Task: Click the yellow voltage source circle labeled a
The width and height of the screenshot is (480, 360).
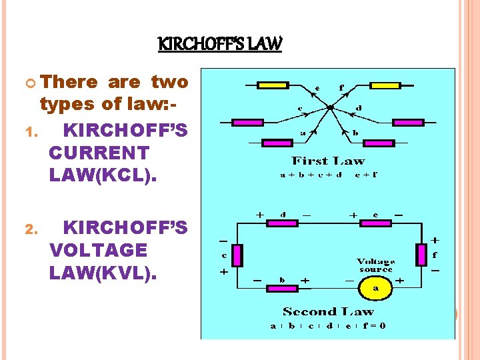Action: pos(375,288)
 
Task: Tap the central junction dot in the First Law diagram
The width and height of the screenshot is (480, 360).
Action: pos(330,107)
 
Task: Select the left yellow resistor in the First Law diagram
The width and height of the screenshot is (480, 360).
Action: pos(273,85)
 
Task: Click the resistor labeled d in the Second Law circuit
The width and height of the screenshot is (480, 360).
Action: pos(282,223)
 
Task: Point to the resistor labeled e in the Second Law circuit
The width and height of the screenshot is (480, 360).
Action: pos(375,223)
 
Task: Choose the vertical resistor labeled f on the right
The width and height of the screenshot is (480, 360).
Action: pos(421,254)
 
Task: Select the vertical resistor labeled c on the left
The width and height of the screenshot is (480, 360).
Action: pos(236,254)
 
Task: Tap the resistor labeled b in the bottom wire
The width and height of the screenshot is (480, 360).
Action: pos(282,288)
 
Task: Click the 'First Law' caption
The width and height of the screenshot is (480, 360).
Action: pos(328,161)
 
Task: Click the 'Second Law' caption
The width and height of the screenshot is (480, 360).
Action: pos(328,311)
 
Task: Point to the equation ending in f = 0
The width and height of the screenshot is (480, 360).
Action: pos(328,326)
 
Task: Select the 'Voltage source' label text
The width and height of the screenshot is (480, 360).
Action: pos(375,265)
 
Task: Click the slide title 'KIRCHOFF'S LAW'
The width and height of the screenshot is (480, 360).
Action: pos(220,45)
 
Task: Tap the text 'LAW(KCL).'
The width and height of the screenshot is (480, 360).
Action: pos(99,175)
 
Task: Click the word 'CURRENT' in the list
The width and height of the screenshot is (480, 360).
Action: pos(99,153)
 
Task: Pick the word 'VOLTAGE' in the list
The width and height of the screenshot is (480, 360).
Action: pos(99,250)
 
